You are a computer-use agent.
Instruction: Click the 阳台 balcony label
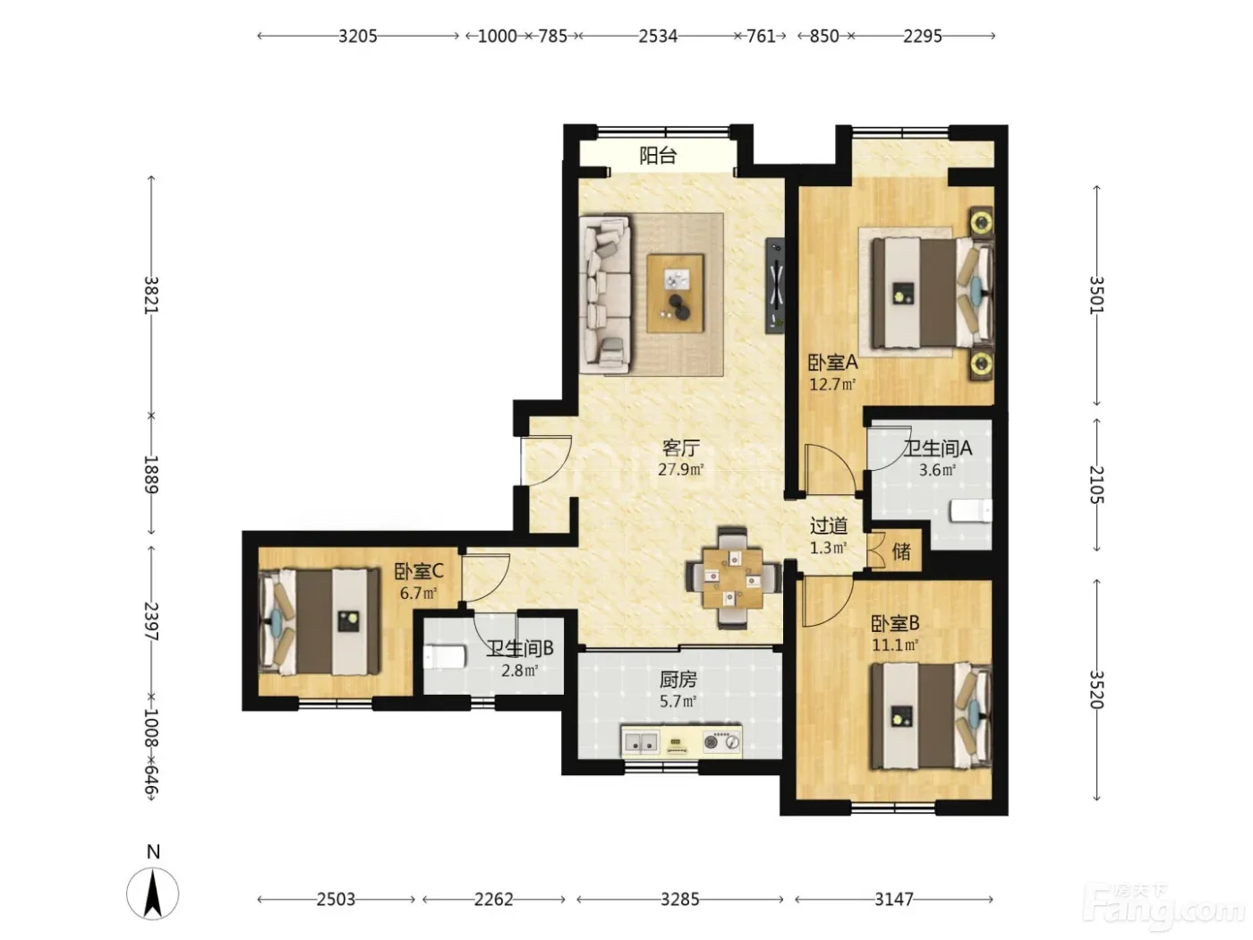coord(657,155)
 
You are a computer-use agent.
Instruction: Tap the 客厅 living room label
coord(680,448)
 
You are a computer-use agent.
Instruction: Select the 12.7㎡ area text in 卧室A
coord(831,384)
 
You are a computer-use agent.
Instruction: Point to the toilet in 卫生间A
coord(970,509)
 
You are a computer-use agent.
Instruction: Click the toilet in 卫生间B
coord(445,656)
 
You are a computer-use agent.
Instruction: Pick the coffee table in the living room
coord(675,294)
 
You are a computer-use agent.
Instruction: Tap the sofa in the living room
coord(605,295)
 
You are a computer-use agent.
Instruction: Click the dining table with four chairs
coord(733,578)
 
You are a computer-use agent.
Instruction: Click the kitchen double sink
coord(642,742)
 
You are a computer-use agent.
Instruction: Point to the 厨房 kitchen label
coord(678,679)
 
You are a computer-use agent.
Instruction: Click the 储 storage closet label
coord(900,551)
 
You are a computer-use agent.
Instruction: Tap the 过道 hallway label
coord(828,526)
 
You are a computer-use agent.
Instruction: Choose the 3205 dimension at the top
coord(358,36)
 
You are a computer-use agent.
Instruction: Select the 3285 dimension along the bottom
coord(680,900)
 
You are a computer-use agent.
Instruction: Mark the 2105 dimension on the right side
coord(1096,484)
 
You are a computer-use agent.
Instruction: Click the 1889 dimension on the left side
coord(150,474)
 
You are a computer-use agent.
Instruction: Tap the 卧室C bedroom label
coord(419,571)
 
